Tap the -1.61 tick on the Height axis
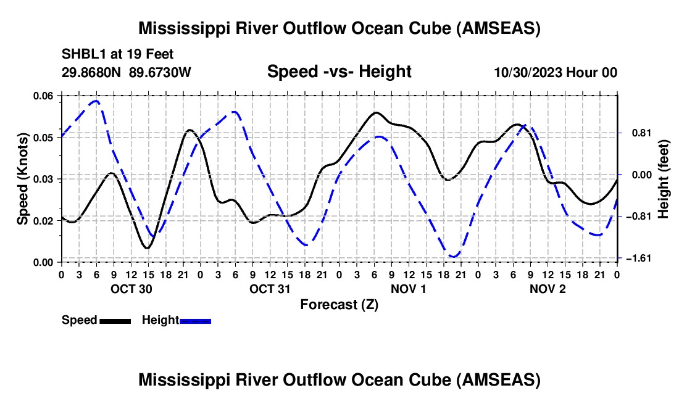(639, 258)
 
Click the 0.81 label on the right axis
(642, 133)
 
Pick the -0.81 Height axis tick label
(639, 217)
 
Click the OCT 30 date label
(131, 289)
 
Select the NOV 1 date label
(409, 289)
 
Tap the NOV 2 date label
(548, 289)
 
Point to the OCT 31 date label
(270, 289)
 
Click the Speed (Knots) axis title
(22, 179)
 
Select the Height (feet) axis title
(663, 179)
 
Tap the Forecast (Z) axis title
(339, 305)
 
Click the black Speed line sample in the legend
(115, 321)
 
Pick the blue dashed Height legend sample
(195, 321)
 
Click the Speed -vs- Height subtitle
(339, 72)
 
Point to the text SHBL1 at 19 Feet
(117, 54)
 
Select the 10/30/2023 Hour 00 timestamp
(556, 72)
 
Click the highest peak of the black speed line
(375, 112)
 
